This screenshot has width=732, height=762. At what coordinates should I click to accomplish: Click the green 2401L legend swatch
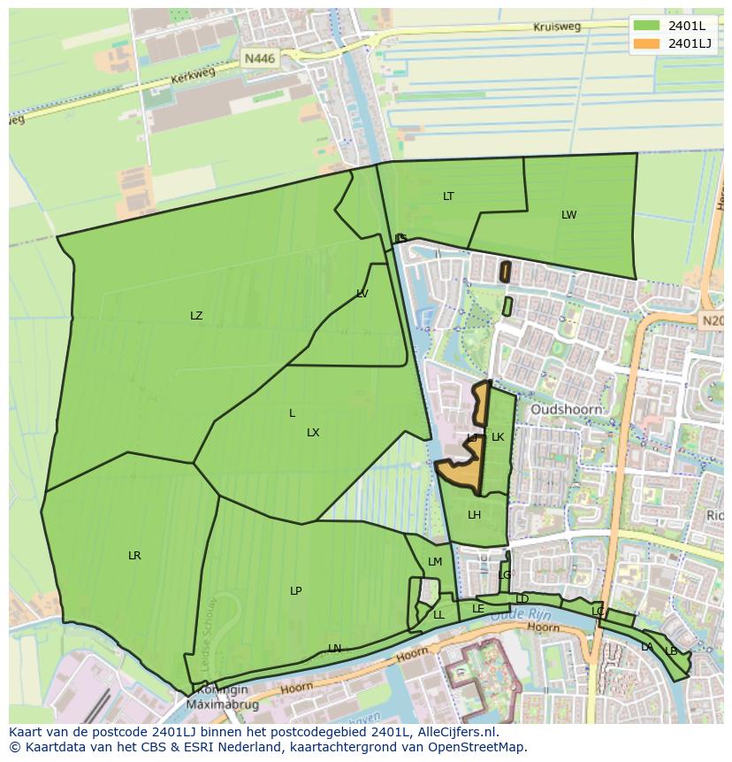[647, 25]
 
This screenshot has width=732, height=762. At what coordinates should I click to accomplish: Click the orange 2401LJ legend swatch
[647, 43]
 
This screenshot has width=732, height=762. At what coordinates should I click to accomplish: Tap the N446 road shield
[260, 58]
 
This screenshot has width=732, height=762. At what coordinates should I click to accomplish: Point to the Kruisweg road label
[557, 27]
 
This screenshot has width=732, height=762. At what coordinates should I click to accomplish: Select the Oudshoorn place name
[566, 410]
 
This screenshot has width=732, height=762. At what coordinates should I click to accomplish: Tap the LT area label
[448, 196]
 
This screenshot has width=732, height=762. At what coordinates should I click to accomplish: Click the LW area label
[568, 215]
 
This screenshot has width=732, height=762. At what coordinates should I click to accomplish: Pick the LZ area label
[196, 316]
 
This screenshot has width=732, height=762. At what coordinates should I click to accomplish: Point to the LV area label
[362, 294]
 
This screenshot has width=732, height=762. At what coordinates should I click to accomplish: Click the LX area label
[313, 433]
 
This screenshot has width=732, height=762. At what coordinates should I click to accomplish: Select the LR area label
[134, 556]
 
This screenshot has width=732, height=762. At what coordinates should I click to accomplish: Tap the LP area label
[296, 591]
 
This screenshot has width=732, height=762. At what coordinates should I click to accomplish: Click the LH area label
[474, 515]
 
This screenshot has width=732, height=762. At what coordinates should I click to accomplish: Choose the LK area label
[498, 437]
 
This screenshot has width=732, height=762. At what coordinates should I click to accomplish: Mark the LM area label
[435, 562]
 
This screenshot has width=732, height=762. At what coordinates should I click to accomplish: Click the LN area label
[334, 649]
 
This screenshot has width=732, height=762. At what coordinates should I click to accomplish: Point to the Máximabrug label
[217, 704]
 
